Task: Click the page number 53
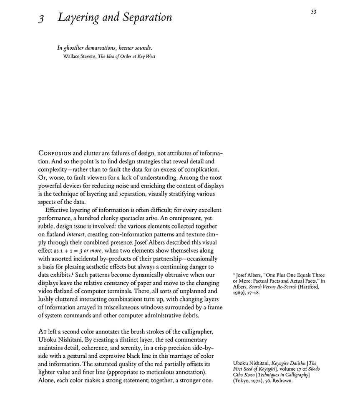pyautogui.click(x=313, y=12)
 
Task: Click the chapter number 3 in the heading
pyautogui.click(x=41, y=19)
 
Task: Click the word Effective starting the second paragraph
pyautogui.click(x=58, y=210)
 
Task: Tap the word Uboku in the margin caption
pyautogui.click(x=241, y=363)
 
